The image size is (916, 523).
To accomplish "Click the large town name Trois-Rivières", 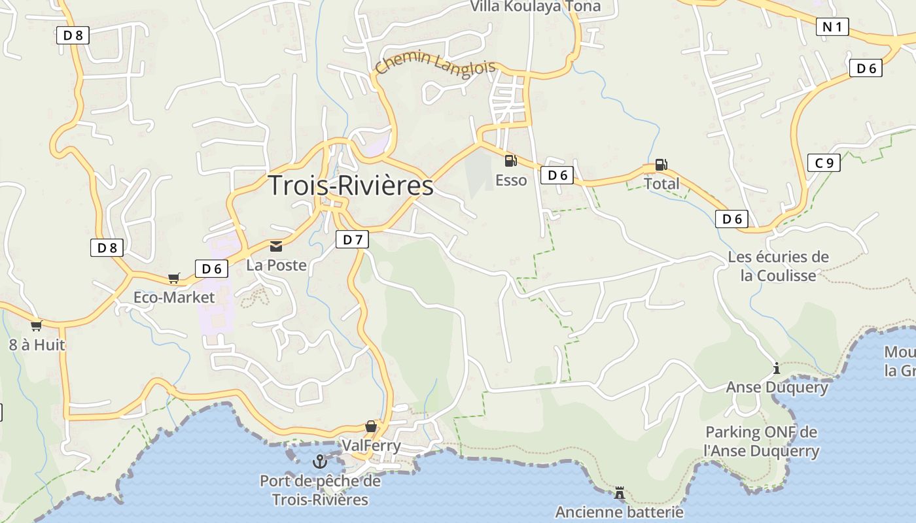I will pyautogui.click(x=351, y=186).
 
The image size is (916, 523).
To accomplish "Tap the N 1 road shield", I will pyautogui.click(x=832, y=27).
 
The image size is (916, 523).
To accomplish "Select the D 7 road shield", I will pyautogui.click(x=352, y=240).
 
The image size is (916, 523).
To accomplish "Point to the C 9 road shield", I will pyautogui.click(x=824, y=163).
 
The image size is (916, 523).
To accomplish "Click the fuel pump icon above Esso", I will pyautogui.click(x=510, y=160).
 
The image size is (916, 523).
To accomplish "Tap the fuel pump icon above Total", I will pyautogui.click(x=661, y=165).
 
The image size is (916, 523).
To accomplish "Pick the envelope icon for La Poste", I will pyautogui.click(x=276, y=246).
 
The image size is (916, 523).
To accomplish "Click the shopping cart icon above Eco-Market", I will pyautogui.click(x=173, y=278).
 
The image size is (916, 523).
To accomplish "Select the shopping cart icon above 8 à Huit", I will pyautogui.click(x=36, y=326).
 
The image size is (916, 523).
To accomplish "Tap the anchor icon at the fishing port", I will pyautogui.click(x=319, y=462).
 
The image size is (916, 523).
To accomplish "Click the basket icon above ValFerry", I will pyautogui.click(x=371, y=426).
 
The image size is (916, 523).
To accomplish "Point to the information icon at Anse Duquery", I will pyautogui.click(x=777, y=368).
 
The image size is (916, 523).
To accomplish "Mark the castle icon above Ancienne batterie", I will pyautogui.click(x=619, y=492).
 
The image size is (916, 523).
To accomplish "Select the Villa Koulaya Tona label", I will pyautogui.click(x=535, y=7).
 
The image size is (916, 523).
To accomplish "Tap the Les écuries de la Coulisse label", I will pyautogui.click(x=778, y=266).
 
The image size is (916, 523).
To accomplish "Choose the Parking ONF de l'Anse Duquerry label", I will pyautogui.click(x=761, y=441).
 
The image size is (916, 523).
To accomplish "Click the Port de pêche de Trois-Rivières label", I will pyautogui.click(x=320, y=490).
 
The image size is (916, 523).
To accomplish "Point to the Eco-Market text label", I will pyautogui.click(x=174, y=297).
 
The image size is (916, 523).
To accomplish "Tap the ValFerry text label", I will pyautogui.click(x=371, y=446).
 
